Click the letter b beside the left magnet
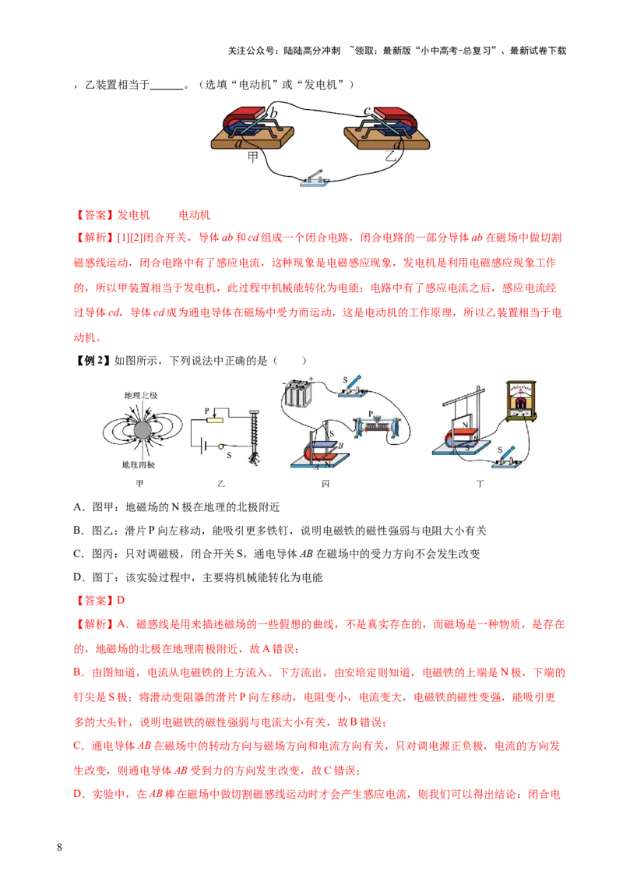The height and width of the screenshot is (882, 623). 273,112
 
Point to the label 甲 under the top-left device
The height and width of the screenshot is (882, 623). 253,157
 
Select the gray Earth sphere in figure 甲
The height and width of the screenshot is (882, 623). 143,430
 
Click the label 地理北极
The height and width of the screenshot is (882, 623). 141,396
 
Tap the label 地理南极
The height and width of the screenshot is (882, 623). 139,464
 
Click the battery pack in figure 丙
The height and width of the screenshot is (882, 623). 298,391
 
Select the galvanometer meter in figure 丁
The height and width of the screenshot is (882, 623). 521,400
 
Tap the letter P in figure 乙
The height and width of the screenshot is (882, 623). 207,411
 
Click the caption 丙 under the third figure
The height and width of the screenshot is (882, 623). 326,484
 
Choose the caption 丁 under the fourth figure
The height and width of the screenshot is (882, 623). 480,484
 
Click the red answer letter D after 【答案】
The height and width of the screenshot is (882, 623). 121,600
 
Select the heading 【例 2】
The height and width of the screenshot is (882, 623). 92,361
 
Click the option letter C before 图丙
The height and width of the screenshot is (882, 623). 78,553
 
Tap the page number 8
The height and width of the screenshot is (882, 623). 60,847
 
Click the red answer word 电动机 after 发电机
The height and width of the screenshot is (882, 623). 195,215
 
